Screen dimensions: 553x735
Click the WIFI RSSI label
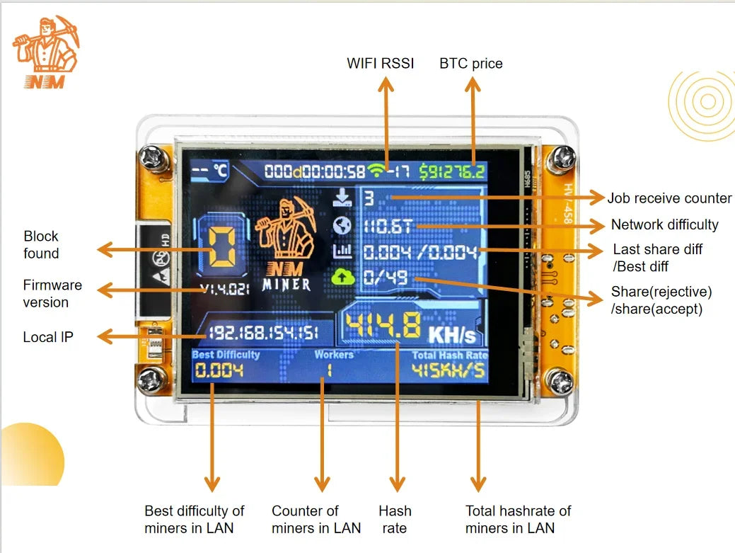click(x=380, y=63)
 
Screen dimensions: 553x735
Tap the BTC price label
click(x=470, y=63)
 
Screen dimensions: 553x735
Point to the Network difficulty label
click(x=664, y=224)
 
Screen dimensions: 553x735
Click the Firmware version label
click(x=52, y=294)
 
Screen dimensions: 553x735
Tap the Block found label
click(x=41, y=245)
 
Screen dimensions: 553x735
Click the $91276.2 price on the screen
click(x=451, y=171)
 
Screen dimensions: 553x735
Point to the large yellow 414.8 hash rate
click(x=383, y=326)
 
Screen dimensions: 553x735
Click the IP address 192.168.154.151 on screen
click(x=262, y=333)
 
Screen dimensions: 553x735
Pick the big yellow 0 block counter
click(x=221, y=249)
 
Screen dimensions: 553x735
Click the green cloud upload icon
click(x=342, y=277)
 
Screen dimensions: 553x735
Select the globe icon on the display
click(x=342, y=225)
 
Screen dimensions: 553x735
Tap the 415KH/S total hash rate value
click(x=449, y=370)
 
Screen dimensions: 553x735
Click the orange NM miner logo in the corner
click(x=45, y=52)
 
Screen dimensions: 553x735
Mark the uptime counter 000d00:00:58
click(x=315, y=171)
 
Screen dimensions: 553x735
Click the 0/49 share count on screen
click(x=386, y=278)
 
